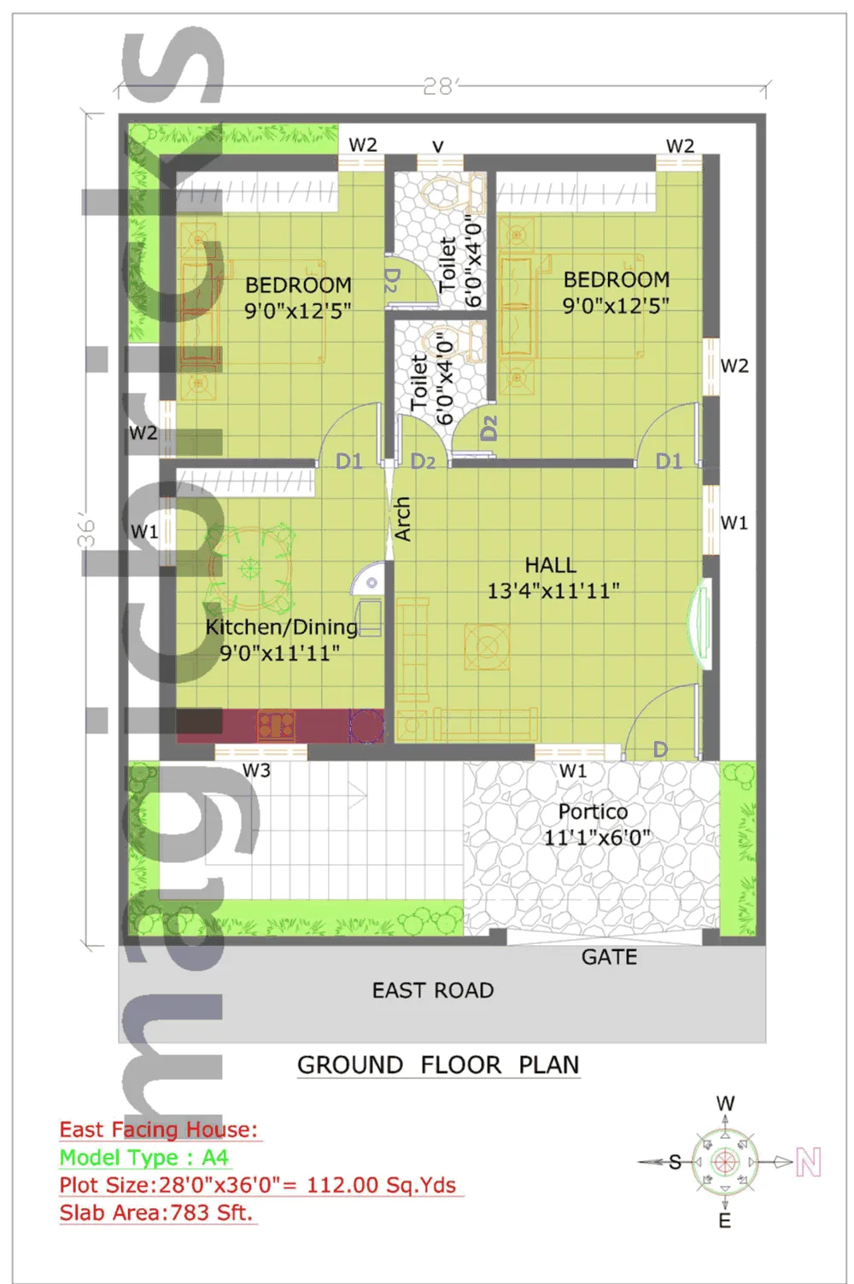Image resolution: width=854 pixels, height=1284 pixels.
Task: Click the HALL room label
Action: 550,565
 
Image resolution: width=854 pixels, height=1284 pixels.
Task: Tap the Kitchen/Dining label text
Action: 281,627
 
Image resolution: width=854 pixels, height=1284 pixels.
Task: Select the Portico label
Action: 593,812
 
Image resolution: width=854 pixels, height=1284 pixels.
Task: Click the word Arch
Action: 402,519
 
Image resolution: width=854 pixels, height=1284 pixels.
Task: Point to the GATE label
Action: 609,957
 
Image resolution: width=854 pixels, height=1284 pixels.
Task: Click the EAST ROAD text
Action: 433,990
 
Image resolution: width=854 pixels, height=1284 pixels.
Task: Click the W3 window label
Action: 256,770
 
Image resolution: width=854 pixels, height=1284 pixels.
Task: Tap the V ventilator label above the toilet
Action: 437,147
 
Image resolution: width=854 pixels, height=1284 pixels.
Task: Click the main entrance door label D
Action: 660,749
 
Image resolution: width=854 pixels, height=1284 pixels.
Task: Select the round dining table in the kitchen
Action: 250,568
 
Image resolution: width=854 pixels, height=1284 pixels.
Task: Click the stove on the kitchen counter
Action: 276,725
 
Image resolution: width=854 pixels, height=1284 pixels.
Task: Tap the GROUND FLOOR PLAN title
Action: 438,1065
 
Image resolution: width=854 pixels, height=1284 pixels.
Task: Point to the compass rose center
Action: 725,1162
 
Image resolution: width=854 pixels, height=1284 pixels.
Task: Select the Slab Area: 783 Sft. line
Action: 156,1212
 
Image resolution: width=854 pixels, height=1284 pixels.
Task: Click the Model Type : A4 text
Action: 144,1158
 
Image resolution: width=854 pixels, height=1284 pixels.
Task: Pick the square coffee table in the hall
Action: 487,646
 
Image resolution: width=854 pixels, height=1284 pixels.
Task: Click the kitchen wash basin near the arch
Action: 366,581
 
